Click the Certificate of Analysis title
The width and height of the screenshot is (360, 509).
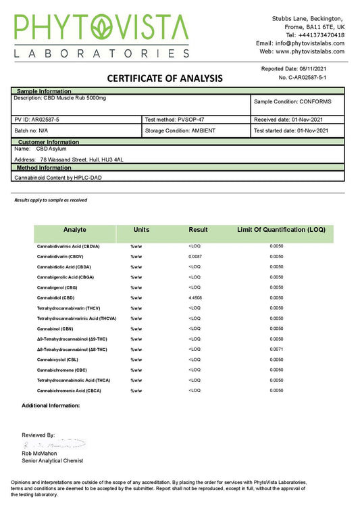[x=165, y=78]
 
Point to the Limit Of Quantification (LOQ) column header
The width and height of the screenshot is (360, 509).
[x=281, y=230]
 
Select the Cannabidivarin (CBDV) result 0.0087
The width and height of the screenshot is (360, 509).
[x=195, y=257]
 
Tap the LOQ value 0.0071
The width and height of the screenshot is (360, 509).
[x=276, y=349]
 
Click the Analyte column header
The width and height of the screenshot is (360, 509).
[x=74, y=230]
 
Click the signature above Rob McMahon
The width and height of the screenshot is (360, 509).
[x=54, y=444]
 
